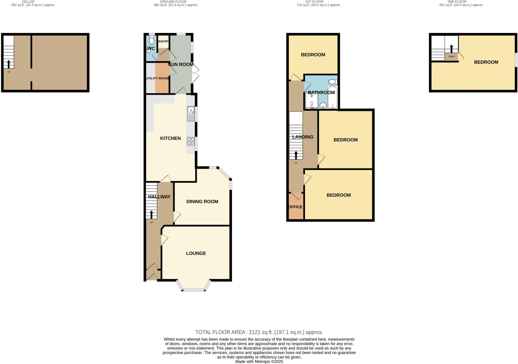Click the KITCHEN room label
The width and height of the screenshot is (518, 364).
(170, 138)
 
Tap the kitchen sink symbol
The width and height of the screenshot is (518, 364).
(191, 114)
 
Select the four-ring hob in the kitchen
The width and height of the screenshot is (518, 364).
(191, 141)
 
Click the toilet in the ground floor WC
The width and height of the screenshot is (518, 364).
(152, 40)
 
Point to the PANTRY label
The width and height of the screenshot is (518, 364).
(163, 41)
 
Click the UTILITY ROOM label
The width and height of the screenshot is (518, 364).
(158, 78)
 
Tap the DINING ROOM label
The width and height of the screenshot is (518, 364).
(202, 201)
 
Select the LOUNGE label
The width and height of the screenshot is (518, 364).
(196, 253)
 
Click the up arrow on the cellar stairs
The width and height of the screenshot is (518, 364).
(9, 64)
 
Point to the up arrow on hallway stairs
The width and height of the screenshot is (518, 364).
(152, 214)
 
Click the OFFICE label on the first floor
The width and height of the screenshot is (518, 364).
(295, 207)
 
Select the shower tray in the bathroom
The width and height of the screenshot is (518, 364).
(312, 101)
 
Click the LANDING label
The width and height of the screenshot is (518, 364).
(303, 137)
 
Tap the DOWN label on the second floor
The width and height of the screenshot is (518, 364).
(451, 57)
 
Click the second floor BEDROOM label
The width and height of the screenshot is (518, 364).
(486, 62)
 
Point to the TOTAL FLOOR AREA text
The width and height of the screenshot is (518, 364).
(259, 332)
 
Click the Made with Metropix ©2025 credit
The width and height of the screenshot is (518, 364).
(259, 361)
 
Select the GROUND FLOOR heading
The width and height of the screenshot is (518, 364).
(173, 2)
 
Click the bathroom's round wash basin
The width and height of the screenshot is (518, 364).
(323, 105)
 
